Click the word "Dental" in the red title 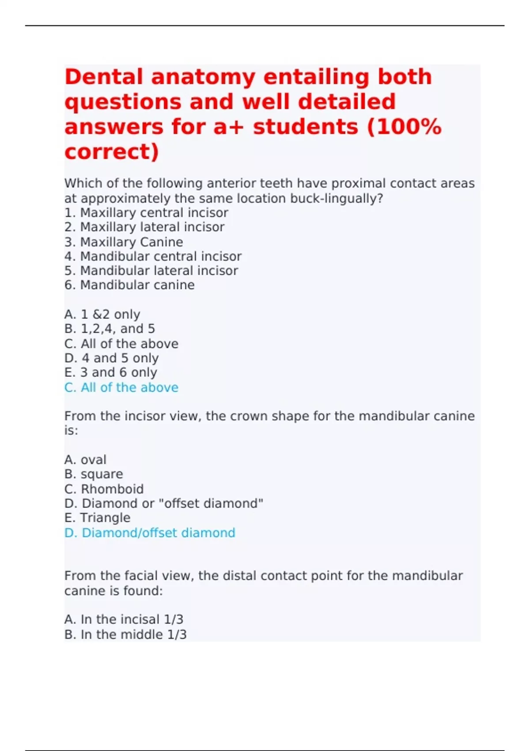point(104,77)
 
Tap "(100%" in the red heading point(404,127)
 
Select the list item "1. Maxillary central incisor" point(146,212)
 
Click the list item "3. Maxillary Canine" point(124,242)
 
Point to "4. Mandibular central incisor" point(153,256)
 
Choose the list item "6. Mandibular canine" point(129,285)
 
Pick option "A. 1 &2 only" point(102,314)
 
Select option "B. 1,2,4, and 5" point(110,329)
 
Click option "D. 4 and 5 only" point(111,358)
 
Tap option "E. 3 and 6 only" point(110,372)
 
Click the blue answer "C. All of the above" point(121,387)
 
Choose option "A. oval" point(85,459)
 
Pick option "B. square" point(94,474)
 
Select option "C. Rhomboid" point(104,489)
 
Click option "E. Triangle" point(97,518)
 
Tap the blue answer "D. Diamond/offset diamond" point(150,533)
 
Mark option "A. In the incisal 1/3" point(124,619)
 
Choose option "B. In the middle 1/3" point(125,634)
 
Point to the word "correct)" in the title point(111,152)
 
